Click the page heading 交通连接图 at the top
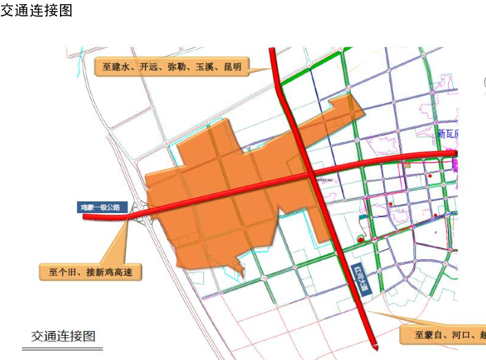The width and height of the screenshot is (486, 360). (x=37, y=11)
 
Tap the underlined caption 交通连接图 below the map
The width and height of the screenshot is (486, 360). (x=63, y=337)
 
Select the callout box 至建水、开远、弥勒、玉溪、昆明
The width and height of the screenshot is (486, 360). (x=172, y=67)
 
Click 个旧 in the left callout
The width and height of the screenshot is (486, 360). (x=66, y=272)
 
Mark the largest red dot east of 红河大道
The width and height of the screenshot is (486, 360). (x=361, y=239)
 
